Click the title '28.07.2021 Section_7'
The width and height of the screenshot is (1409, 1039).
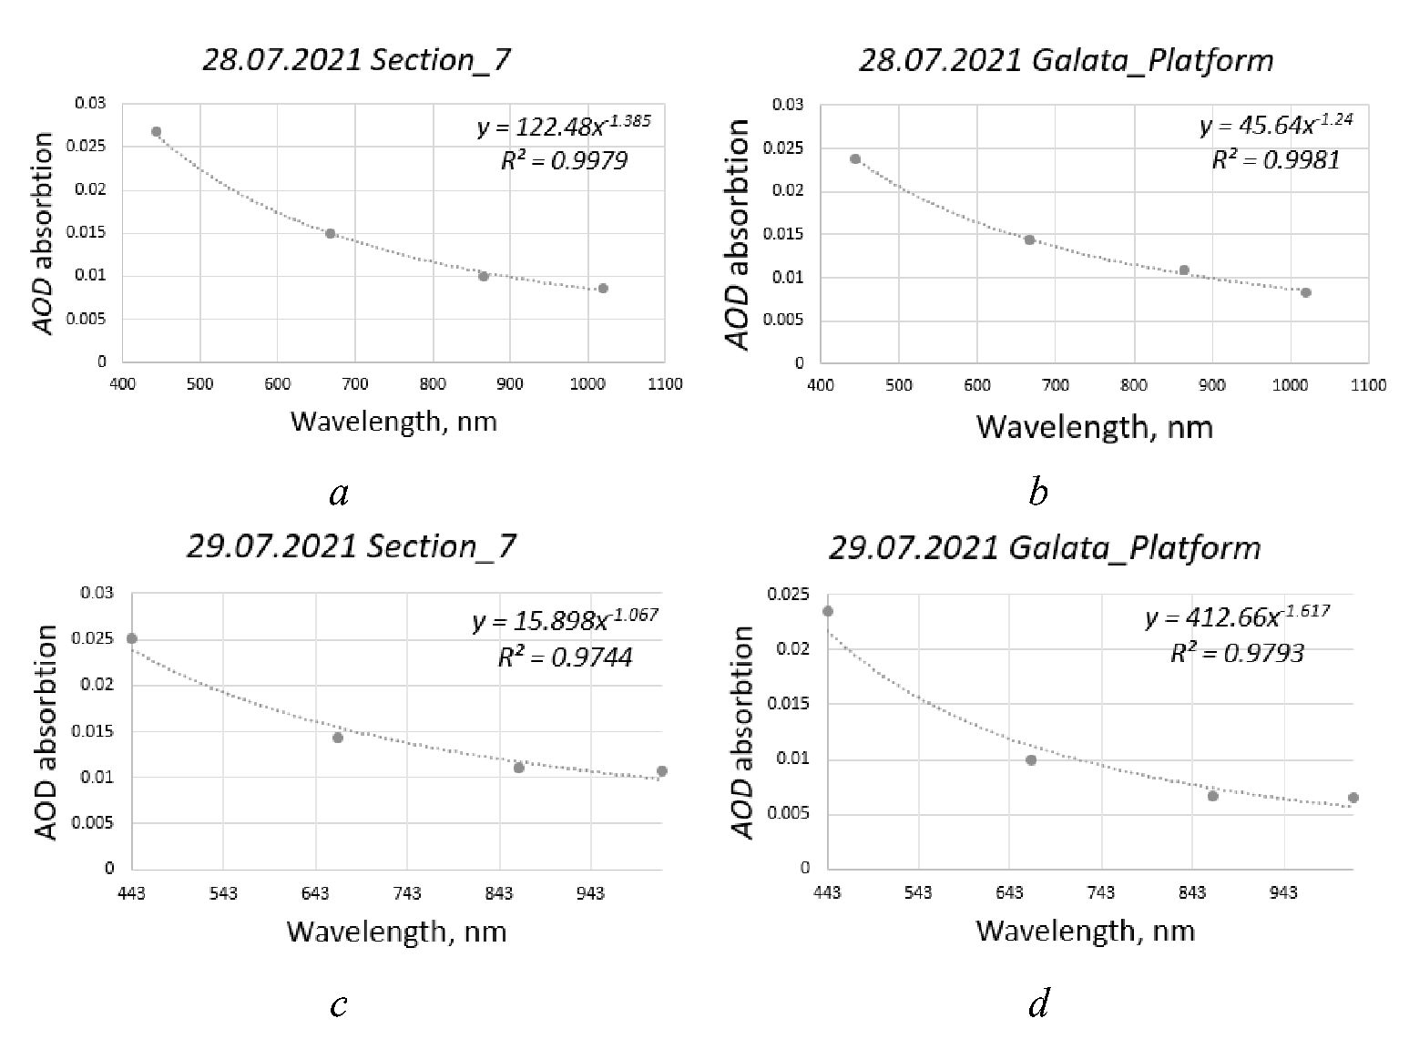[356, 60]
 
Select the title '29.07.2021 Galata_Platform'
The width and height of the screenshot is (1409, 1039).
[1045, 548]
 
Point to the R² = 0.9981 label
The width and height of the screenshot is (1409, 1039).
[1276, 160]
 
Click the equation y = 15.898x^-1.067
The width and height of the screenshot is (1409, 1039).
[565, 620]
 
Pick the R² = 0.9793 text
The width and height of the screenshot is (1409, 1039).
[1237, 653]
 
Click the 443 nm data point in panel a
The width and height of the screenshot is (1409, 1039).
[156, 132]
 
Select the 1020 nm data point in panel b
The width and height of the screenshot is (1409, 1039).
[1306, 292]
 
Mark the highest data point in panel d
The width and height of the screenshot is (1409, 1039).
[828, 611]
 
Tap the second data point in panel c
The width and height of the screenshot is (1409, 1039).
[338, 738]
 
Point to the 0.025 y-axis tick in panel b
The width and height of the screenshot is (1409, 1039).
[788, 148]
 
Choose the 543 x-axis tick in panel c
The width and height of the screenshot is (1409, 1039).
[223, 894]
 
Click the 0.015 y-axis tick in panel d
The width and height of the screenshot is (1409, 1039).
[788, 704]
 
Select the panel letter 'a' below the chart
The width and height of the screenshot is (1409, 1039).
[339, 494]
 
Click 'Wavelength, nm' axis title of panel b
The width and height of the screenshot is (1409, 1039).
[1095, 426]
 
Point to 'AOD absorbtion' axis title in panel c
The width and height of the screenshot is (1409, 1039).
[47, 731]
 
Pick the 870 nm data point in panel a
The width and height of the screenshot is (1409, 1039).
[484, 276]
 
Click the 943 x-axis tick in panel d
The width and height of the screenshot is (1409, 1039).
[1283, 893]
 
